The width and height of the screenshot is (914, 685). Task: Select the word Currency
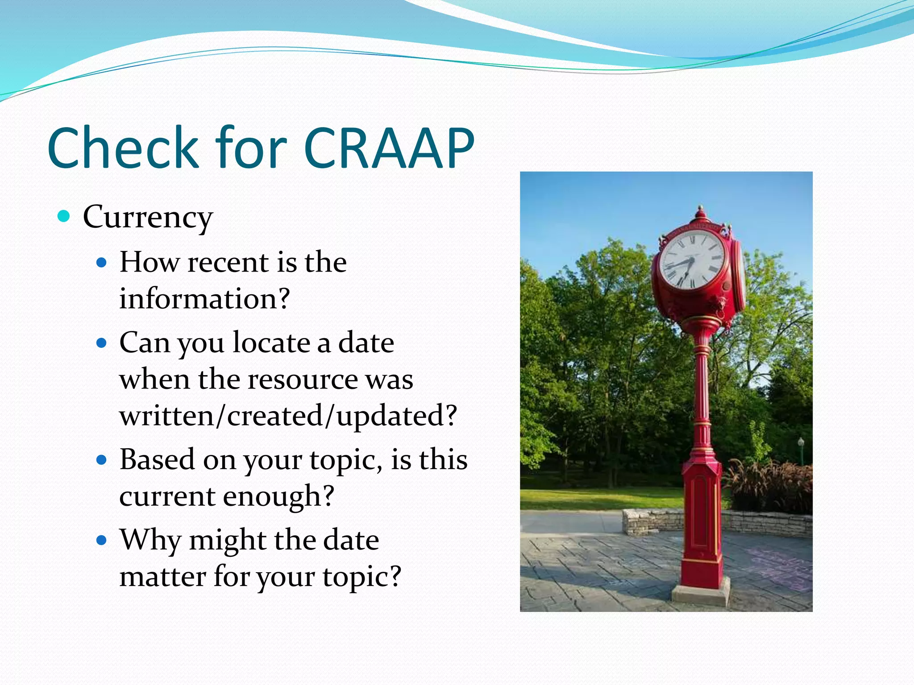(x=148, y=217)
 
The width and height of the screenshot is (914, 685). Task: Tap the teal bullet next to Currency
(x=64, y=217)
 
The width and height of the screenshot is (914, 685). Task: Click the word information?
(x=204, y=298)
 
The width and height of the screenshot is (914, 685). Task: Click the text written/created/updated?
(x=288, y=416)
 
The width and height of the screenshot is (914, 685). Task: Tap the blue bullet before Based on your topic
(x=102, y=460)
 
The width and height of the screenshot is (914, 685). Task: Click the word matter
(x=162, y=576)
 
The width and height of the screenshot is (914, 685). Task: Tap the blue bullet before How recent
(x=102, y=262)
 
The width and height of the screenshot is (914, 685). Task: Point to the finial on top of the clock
(x=700, y=212)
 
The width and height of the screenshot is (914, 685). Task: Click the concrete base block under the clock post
(x=701, y=595)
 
